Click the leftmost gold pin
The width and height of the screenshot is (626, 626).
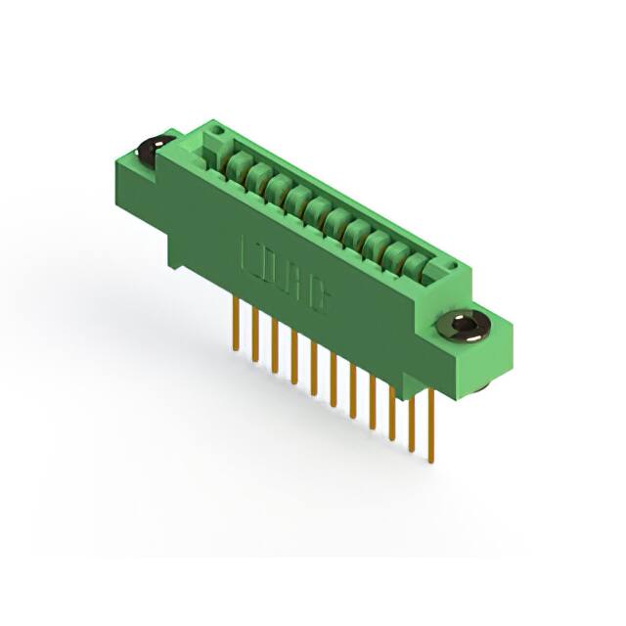[236, 323]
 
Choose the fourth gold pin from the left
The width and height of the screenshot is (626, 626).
[293, 356]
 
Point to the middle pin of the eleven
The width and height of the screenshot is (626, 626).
[333, 377]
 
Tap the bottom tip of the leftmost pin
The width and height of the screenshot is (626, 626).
[236, 347]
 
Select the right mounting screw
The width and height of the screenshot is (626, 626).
[462, 324]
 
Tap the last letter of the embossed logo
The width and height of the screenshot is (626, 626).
[318, 298]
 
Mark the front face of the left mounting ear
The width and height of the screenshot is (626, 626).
[136, 180]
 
